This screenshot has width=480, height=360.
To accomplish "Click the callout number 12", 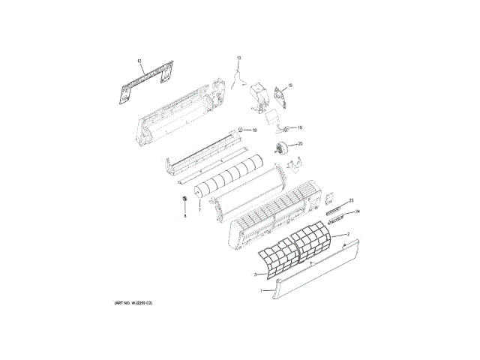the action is point(139,59).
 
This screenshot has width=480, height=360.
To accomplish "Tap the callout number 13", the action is point(239,58).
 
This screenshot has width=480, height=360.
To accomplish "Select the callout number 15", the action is point(290,86).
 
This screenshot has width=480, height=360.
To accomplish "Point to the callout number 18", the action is point(254,130).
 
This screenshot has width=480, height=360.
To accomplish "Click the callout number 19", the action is point(299,128).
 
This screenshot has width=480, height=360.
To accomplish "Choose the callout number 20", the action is point(300,143).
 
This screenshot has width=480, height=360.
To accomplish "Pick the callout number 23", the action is point(351,200).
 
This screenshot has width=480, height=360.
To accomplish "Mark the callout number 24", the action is point(358,212).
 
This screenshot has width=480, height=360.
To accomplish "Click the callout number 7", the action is point(199,211).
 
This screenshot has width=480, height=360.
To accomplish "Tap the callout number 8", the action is point(184,215).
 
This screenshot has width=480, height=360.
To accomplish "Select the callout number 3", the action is point(255,274).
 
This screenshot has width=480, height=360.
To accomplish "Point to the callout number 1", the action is point(261,290).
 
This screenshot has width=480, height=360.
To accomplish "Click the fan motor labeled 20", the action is point(283,148).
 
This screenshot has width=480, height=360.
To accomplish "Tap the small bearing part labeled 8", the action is point(183,196).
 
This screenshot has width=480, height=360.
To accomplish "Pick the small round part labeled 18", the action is point(241,129).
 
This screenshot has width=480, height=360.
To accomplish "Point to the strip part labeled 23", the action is point(335,207).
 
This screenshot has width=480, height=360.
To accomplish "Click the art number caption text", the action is point(133,302).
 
